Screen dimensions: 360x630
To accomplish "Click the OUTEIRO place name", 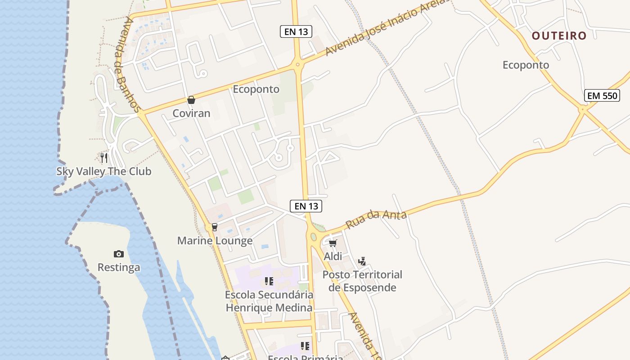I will point(559,36).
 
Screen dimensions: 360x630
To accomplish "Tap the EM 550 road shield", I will point(602,95).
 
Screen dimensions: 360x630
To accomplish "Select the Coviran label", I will point(191,113).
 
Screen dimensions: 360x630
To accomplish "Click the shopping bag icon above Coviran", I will point(191,100).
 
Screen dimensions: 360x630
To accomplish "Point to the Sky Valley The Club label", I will point(103,171).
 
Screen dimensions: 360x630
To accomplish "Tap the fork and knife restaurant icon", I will point(104,157).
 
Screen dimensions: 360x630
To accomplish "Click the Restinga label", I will point(119,267).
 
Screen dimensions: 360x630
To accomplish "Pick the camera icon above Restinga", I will point(119,254).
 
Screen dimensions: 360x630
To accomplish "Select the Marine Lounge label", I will point(215,241).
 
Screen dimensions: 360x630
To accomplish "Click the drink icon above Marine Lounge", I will point(214,227).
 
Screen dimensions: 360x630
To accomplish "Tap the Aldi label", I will point(333,256).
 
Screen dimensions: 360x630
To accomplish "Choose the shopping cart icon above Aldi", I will point(333,243).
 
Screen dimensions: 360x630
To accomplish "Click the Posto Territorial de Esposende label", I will point(362,281).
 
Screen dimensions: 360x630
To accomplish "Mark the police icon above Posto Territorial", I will point(362,261).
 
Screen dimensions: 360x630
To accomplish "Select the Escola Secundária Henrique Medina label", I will point(269,301).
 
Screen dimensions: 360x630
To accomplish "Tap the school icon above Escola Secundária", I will point(269,282).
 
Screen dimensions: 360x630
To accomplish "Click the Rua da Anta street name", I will point(376,219).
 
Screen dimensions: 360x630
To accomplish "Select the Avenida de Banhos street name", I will point(129,65).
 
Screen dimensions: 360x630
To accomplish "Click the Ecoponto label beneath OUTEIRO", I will point(526,65).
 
